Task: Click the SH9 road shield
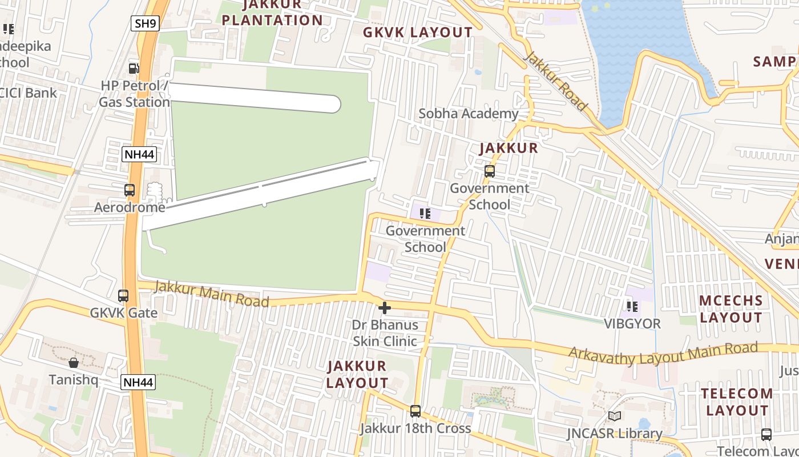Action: click(x=144, y=23)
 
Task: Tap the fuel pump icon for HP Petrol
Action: click(x=134, y=69)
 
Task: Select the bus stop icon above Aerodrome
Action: click(x=130, y=190)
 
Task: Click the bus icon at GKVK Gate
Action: click(x=123, y=296)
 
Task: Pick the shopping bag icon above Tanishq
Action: click(x=74, y=363)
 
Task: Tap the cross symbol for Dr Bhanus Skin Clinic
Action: click(x=385, y=308)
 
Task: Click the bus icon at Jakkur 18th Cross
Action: click(x=415, y=411)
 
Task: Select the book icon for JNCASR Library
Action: click(x=614, y=416)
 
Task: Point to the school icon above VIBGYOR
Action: click(x=632, y=307)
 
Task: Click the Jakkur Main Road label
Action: click(x=211, y=294)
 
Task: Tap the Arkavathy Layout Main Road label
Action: click(x=663, y=352)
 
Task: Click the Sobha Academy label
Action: click(x=469, y=114)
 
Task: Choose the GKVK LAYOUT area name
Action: click(x=418, y=33)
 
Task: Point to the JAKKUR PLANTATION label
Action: click(x=272, y=13)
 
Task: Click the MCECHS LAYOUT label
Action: click(x=731, y=309)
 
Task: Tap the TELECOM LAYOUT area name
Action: click(x=737, y=402)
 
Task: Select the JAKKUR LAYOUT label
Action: click(x=357, y=374)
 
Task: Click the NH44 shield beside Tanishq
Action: click(x=138, y=382)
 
